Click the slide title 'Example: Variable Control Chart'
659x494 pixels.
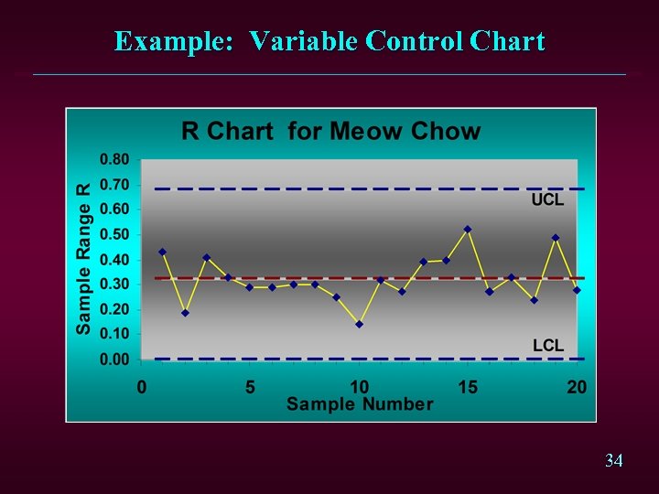coord(329,41)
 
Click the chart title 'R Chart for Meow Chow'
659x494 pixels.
coord(330,131)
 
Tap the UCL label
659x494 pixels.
coord(548,200)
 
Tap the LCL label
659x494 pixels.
coord(548,345)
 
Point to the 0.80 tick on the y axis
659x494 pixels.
coord(114,158)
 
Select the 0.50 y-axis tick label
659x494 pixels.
coord(114,234)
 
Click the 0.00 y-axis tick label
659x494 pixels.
coord(114,360)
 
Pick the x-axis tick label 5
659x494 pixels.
coord(250,387)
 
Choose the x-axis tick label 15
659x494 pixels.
coord(467,387)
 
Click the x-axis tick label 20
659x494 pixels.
coord(576,387)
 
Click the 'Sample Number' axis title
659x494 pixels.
coord(360,403)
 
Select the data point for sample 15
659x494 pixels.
coord(468,229)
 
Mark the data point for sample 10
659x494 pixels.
coord(359,324)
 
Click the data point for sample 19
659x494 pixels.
coord(555,237)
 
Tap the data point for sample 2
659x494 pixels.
coord(185,313)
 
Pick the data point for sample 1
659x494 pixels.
coord(163,252)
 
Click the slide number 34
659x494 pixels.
coord(614,461)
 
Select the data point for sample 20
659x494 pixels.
coord(577,290)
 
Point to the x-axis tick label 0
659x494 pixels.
coord(142,387)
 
